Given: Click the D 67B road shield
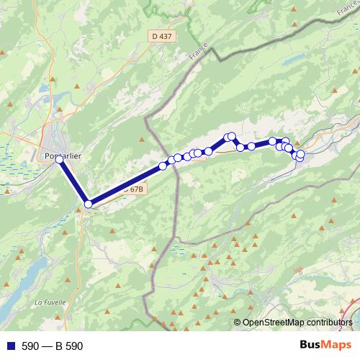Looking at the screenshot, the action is pos(132,189).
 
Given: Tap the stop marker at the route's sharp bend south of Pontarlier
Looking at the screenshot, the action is pos(89,204).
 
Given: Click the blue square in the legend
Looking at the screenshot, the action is pos(10,346).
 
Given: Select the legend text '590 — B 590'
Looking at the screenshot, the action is pos(53,346).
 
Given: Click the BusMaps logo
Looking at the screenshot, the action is pos(325,345).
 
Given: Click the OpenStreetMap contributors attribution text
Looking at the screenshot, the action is pos(297,323).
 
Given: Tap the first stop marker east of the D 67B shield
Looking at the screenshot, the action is pos(163,166).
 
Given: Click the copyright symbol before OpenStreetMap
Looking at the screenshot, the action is pos(238,323).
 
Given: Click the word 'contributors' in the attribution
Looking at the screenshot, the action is pos(328,323).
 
